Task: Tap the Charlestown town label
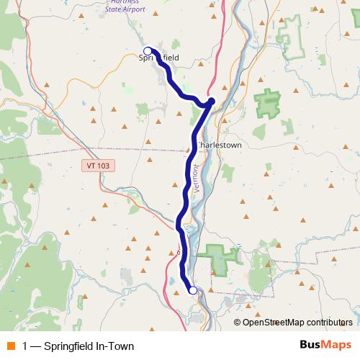pyautogui.click(x=220, y=144)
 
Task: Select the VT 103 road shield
pyautogui.click(x=98, y=166)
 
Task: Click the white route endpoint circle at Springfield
pyautogui.click(x=148, y=51)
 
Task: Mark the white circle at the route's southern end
pyautogui.click(x=192, y=290)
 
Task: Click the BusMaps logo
pyautogui.click(x=326, y=345)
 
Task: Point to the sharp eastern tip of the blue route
pyautogui.click(x=212, y=101)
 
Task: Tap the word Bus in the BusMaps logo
pyautogui.click(x=311, y=345)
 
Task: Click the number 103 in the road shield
pyautogui.click(x=102, y=166)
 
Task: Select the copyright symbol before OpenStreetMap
pyautogui.click(x=238, y=323)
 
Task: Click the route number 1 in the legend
pyautogui.click(x=25, y=346)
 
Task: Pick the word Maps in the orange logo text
pyautogui.click(x=337, y=345)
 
